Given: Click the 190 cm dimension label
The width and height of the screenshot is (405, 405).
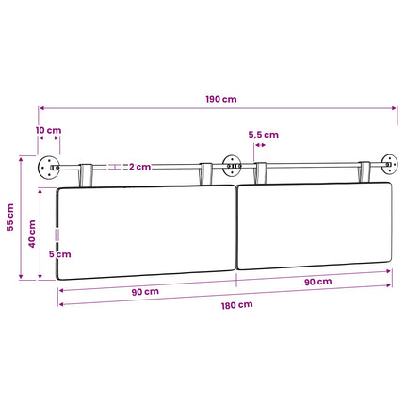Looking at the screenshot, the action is coord(221,99).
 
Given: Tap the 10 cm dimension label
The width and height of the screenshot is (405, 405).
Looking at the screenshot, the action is coord(48,130).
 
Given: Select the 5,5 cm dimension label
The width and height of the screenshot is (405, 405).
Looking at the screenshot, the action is coord(264,135).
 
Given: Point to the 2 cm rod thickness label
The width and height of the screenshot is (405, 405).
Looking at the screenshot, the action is coord(140,167).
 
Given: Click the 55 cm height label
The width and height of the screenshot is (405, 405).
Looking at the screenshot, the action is coord(10,218).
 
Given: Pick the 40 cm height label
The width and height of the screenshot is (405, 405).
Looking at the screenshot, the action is coord(32,234).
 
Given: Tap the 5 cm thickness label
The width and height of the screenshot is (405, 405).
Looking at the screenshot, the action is coord(60,254).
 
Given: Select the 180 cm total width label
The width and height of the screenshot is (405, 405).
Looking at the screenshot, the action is coord(237,305).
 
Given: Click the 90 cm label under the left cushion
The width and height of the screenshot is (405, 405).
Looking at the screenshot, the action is coord(145,292).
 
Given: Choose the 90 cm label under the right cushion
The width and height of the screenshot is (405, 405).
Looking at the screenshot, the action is coord(318,282).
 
